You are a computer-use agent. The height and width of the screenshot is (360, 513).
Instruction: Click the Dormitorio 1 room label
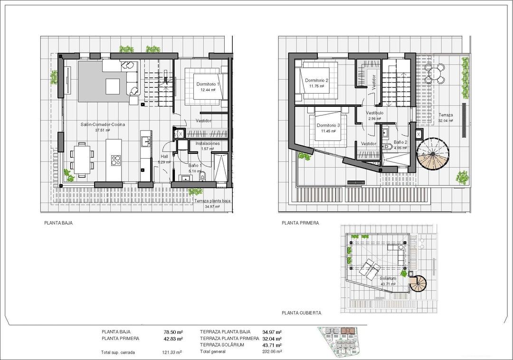point(208,84)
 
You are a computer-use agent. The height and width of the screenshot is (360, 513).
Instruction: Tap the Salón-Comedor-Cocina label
point(103,124)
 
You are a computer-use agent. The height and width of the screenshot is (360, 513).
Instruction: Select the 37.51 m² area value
point(103,130)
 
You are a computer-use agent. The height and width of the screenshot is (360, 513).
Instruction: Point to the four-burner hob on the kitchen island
point(115,161)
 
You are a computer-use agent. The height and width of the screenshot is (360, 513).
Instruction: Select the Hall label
point(164,156)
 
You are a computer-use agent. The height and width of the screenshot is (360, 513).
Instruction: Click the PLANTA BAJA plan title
point(58,222)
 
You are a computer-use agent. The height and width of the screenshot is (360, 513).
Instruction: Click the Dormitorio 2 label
point(317,80)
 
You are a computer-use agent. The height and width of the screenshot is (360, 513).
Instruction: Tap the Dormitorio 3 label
point(328,126)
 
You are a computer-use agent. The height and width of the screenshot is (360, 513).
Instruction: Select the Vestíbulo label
point(375,113)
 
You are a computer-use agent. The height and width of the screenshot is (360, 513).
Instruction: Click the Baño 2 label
point(400,142)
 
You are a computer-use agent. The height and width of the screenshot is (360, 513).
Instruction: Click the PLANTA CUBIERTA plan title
point(301,313)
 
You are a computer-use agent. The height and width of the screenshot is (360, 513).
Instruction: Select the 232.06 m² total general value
point(272,351)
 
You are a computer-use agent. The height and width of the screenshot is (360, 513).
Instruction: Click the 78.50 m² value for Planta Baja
point(173,332)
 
